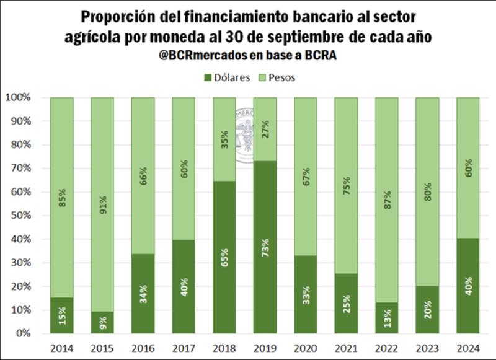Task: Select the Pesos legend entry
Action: click(280, 78)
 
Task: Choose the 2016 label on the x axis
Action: click(143, 348)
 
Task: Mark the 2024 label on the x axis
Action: click(467, 348)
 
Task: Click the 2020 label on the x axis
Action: click(305, 348)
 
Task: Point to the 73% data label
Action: click(265, 248)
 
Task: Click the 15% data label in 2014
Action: click(61, 315)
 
